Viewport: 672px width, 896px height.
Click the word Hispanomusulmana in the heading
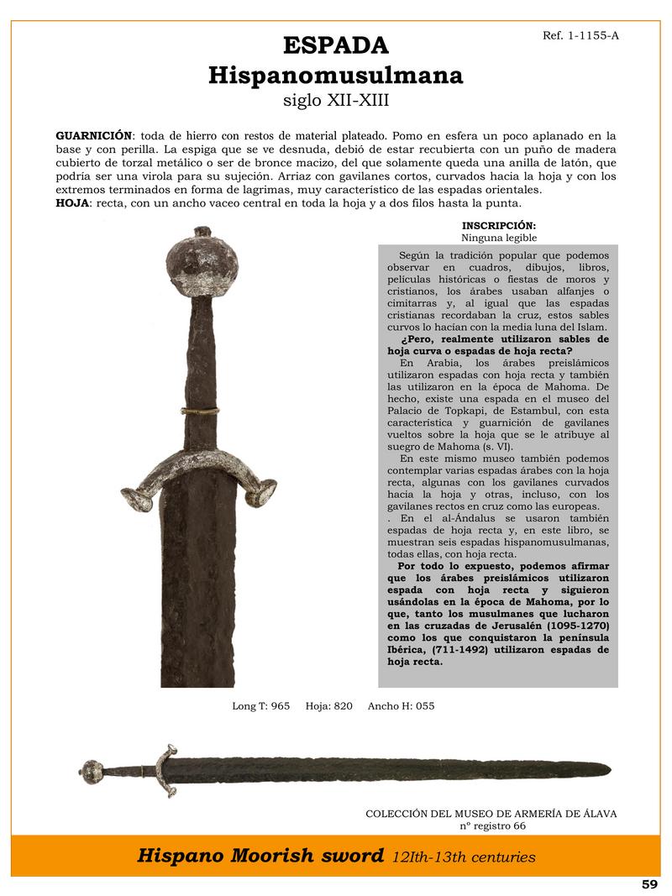pyautogui.click(x=336, y=76)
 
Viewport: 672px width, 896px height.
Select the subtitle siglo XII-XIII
pyautogui.click(x=336, y=102)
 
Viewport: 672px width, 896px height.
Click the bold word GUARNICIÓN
pyautogui.click(x=93, y=135)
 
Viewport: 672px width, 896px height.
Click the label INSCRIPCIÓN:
pyautogui.click(x=498, y=226)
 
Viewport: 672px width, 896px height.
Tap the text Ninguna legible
pyautogui.click(x=498, y=238)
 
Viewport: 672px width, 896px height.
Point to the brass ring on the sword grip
pyautogui.click(x=202, y=410)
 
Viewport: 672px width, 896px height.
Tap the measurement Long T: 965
pyautogui.click(x=260, y=706)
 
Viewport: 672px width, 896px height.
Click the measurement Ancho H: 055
pyautogui.click(x=401, y=706)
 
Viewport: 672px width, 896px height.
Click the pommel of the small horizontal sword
pyautogui.click(x=92, y=768)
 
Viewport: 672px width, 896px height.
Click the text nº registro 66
pyautogui.click(x=491, y=826)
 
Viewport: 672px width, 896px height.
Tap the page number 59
pyautogui.click(x=649, y=884)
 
